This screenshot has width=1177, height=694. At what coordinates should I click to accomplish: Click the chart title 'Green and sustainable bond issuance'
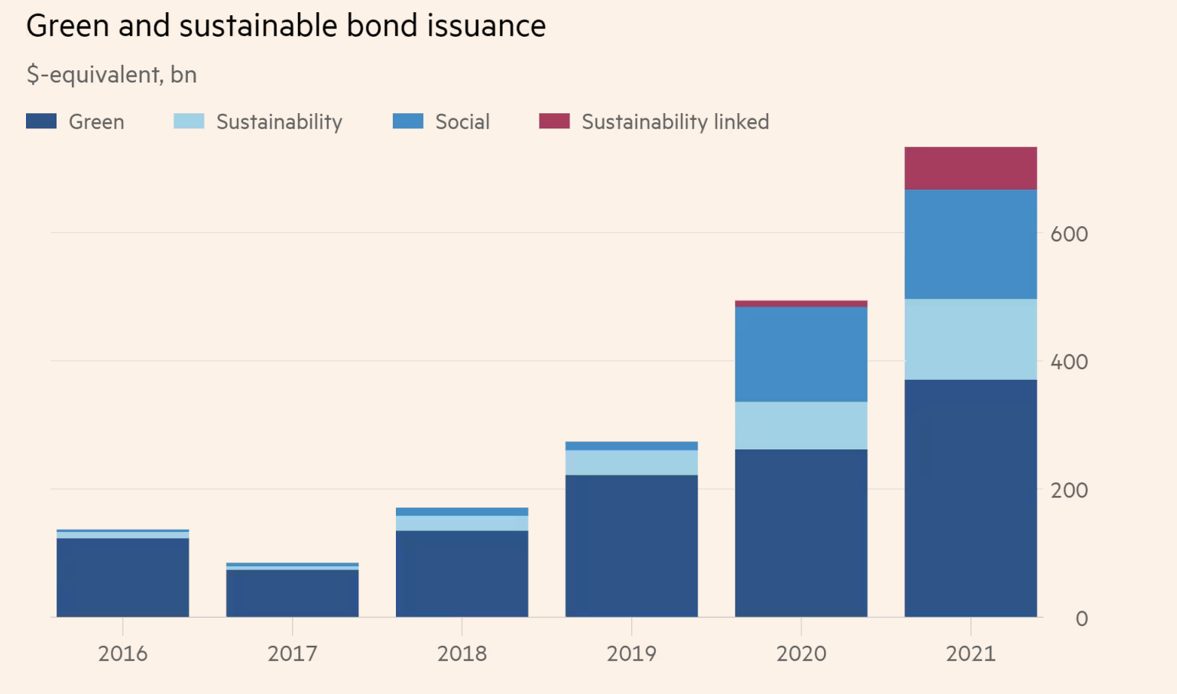point(286,26)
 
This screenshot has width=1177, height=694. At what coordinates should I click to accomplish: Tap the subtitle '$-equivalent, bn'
point(112,75)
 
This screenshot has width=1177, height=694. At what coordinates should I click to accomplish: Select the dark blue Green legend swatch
point(41,122)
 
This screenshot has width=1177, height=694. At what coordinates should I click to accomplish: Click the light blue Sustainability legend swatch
point(189,122)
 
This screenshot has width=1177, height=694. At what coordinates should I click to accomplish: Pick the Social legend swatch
point(407,122)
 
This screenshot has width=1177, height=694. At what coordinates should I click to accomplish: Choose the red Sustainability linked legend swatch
point(554,122)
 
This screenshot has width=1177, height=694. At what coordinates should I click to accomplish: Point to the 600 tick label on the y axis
point(1068,234)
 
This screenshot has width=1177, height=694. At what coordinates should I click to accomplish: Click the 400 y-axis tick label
point(1068,362)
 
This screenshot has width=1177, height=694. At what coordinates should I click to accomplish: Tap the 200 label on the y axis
point(1068,491)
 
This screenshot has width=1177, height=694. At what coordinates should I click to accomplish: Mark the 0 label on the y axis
point(1081,618)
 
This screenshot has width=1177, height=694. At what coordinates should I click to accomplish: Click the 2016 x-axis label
point(122,654)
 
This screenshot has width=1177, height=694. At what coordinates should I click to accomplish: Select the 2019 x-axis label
point(631,654)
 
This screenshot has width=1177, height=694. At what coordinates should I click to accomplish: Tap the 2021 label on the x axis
point(971,654)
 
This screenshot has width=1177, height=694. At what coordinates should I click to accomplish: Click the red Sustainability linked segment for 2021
point(971,168)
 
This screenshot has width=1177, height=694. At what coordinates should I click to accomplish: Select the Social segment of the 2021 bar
point(971,244)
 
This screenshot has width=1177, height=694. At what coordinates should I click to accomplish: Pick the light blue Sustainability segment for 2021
point(971,339)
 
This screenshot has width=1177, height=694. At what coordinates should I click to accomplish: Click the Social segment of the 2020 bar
point(801,354)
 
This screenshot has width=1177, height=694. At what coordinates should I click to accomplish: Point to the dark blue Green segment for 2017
point(292,593)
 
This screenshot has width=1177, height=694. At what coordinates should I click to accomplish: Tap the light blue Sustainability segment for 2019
point(631,462)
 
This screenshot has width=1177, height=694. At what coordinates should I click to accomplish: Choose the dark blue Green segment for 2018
point(462,573)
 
